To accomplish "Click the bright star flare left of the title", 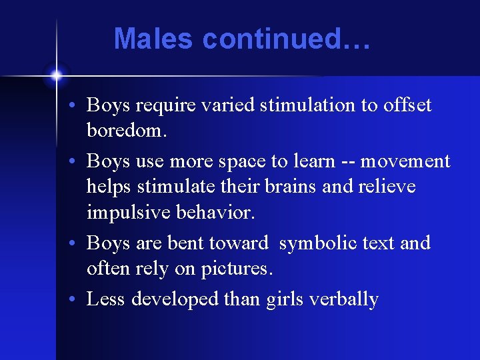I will tap(57, 75).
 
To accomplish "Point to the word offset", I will tap(407, 105).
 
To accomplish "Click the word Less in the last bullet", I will tap(106, 299).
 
